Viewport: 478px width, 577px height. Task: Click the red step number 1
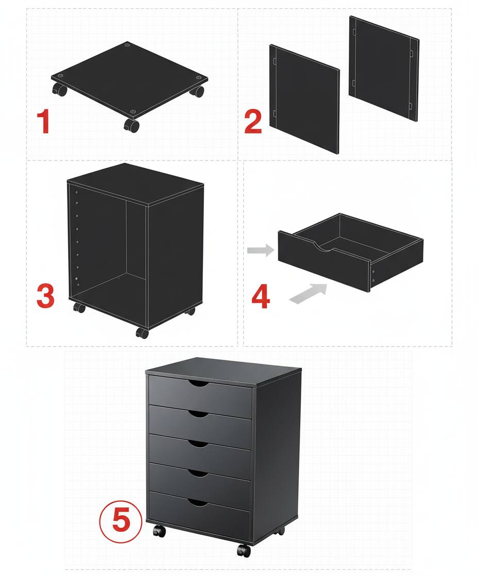click(44, 122)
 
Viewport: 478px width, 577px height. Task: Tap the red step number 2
click(253, 122)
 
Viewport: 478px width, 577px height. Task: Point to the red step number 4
click(260, 297)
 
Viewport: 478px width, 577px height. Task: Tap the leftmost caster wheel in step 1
click(60, 91)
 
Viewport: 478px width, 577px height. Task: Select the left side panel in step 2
click(304, 99)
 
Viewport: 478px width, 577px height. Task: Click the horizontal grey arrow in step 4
click(260, 251)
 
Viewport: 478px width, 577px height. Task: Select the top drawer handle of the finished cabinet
click(199, 384)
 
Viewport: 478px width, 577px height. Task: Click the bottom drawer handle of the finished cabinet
click(198, 502)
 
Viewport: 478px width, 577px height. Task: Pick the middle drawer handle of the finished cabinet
click(198, 444)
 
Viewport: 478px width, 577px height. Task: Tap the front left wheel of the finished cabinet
click(159, 531)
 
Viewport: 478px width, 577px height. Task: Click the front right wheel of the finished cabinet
click(243, 550)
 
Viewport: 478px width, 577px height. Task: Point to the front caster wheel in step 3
click(142, 333)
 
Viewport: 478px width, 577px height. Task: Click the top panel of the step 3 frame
click(135, 183)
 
